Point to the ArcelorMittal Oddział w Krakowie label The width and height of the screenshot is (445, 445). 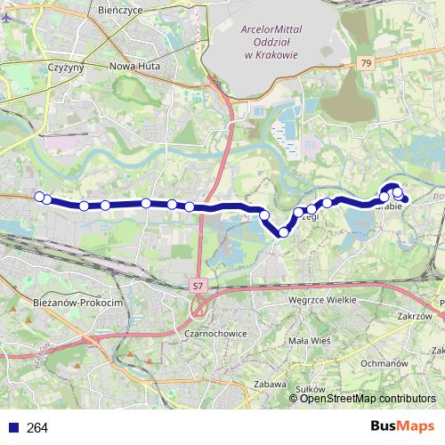pyautogui.click(x=269, y=41)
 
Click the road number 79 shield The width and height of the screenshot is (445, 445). pyautogui.click(x=367, y=63)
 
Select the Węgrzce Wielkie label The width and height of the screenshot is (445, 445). pyautogui.click(x=322, y=300)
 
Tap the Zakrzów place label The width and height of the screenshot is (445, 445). pyautogui.click(x=416, y=316)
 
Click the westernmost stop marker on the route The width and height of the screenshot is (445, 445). pyautogui.click(x=38, y=197)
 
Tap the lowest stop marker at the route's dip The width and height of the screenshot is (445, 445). pyautogui.click(x=284, y=232)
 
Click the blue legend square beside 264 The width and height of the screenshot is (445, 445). pyautogui.click(x=12, y=428)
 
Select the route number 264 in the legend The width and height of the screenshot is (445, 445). pyautogui.click(x=37, y=428)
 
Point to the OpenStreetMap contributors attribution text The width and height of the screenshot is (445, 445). pyautogui.click(x=368, y=398)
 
